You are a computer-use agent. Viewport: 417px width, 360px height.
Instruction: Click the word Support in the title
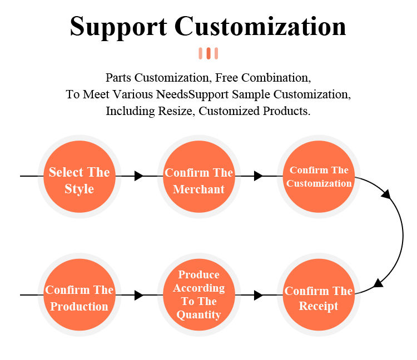(118, 27)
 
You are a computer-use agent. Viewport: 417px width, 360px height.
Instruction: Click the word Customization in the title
(260, 27)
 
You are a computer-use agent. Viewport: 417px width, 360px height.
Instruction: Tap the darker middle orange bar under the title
(209, 53)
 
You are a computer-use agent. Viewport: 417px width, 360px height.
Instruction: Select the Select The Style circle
(80, 176)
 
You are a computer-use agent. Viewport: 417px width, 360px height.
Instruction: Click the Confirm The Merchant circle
(199, 176)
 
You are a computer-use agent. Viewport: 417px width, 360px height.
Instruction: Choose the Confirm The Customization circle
(319, 176)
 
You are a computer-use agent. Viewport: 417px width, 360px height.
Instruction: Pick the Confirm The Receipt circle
(319, 295)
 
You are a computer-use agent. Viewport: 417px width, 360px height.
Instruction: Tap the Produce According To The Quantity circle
(199, 295)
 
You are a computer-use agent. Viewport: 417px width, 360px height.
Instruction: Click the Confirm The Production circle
(80, 295)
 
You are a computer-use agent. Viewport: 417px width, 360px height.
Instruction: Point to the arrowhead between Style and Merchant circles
(139, 176)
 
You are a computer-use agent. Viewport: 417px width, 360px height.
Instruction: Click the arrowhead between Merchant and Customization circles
(258, 176)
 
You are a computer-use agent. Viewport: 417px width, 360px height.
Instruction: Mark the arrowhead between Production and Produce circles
(139, 295)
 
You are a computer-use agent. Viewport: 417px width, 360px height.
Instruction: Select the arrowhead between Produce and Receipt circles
(258, 295)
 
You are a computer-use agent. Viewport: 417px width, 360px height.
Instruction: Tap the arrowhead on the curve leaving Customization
(385, 193)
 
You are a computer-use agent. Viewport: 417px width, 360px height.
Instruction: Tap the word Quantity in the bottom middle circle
(199, 315)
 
